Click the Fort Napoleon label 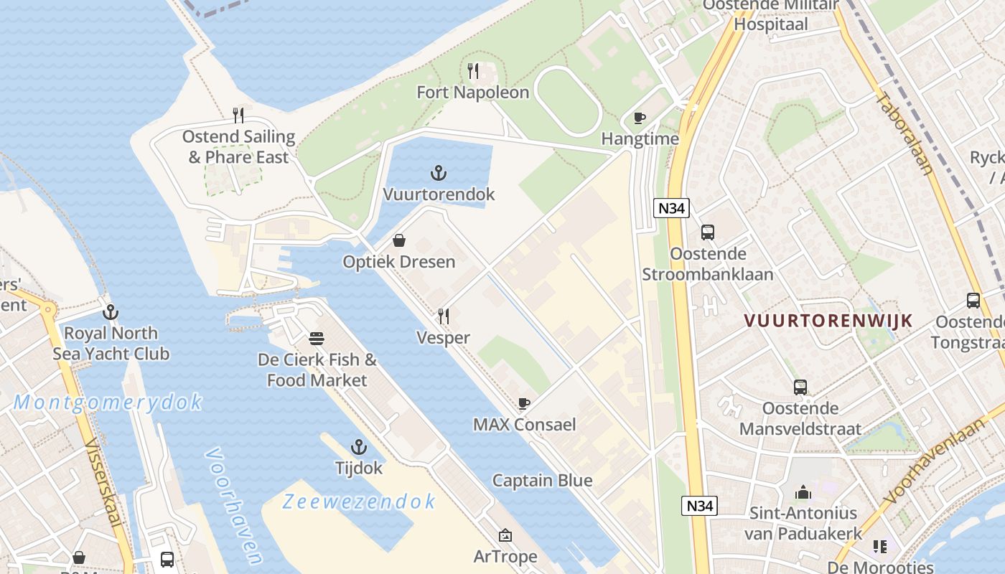tap(473, 93)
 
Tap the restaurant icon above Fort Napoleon tap(473, 70)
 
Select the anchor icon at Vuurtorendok tap(439, 173)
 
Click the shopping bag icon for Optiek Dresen tap(398, 240)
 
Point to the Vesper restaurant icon tap(444, 316)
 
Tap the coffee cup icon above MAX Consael tap(524, 403)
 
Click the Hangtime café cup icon tap(640, 118)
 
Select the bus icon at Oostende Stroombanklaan tap(708, 232)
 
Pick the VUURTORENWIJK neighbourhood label tap(828, 321)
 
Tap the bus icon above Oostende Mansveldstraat tap(800, 387)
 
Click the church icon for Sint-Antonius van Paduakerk tap(803, 492)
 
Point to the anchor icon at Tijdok tap(359, 447)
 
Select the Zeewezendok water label tap(359, 502)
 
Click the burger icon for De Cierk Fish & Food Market tap(317, 338)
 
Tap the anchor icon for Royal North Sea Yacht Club tap(111, 312)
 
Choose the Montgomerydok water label tap(108, 403)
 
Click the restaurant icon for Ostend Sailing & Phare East tap(238, 115)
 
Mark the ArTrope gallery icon tap(505, 535)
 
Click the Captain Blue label tap(543, 481)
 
